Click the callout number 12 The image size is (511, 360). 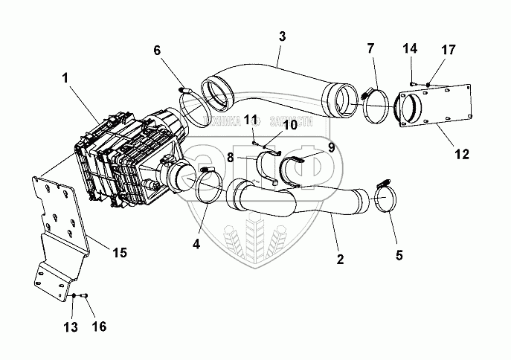461,155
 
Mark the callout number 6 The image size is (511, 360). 157,51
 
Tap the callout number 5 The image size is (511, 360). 399,255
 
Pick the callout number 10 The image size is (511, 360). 289,125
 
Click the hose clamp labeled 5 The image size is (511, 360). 387,199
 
